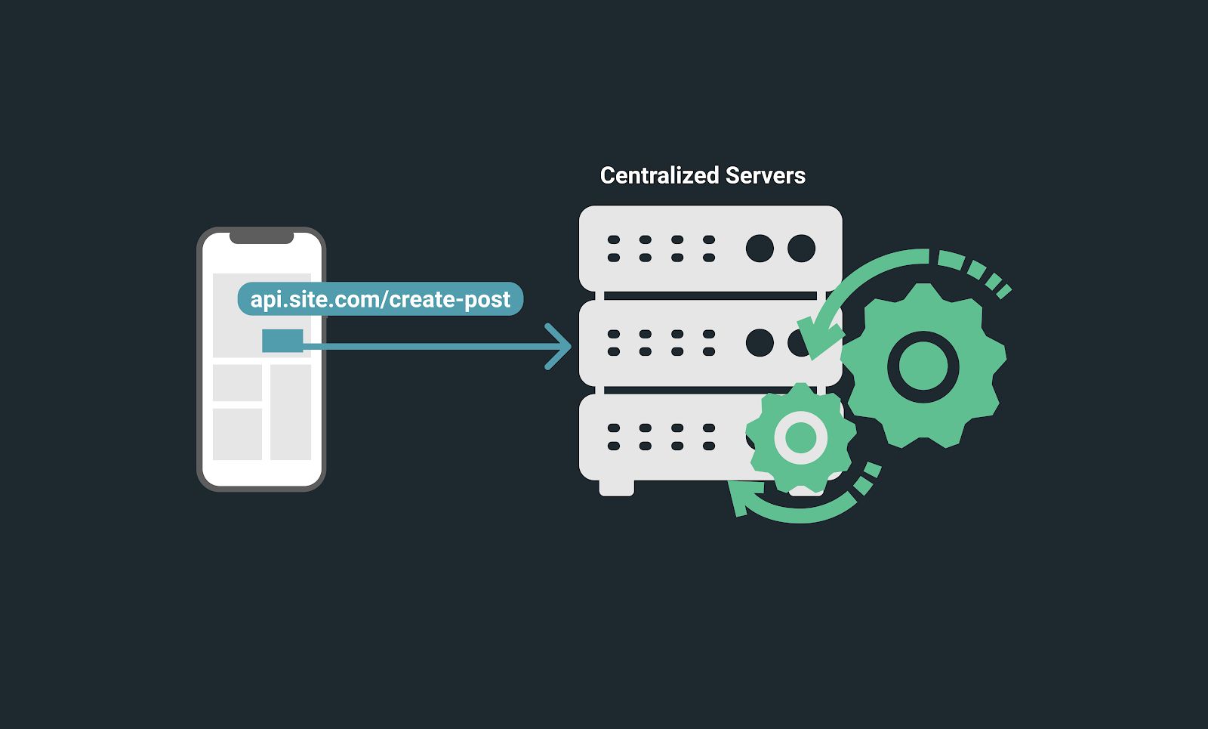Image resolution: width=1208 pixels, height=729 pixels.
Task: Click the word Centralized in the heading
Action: (659, 175)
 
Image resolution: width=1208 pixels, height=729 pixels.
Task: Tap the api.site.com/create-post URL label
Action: (380, 299)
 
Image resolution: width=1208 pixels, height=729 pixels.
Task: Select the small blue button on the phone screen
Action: (282, 341)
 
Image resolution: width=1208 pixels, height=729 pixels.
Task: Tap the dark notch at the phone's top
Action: (261, 238)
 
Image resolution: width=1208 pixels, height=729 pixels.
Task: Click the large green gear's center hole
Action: (923, 366)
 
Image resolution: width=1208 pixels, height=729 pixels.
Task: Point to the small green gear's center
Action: (800, 437)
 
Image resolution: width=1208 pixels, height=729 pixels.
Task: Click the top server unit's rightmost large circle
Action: (801, 248)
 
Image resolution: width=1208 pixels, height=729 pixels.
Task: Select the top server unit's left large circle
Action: (760, 248)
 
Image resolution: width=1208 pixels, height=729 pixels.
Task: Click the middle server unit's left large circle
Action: (760, 342)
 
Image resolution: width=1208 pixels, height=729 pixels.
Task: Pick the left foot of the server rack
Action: (616, 488)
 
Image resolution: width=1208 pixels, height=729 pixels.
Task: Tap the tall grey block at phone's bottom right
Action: (291, 412)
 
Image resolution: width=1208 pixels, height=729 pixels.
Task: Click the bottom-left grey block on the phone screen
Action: (237, 434)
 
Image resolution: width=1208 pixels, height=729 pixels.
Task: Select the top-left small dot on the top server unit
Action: (614, 239)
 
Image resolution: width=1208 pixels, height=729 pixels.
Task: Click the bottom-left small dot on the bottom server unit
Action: (614, 446)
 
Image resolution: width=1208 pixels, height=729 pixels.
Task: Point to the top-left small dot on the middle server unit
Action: (614, 334)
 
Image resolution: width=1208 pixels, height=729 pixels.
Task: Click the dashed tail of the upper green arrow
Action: (981, 272)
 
